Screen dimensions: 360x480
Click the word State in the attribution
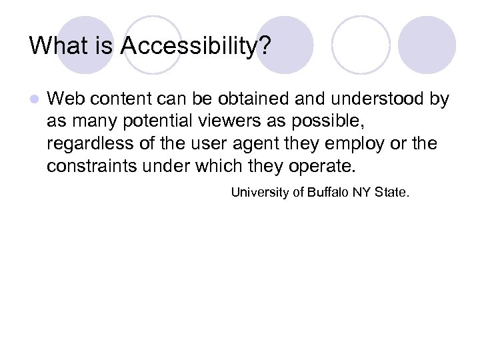point(393,193)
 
